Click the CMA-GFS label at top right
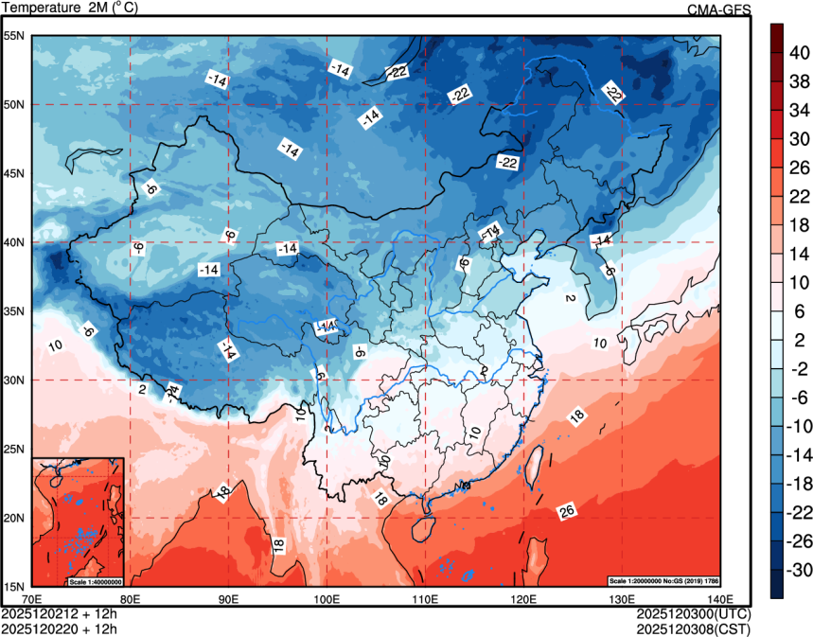(719, 9)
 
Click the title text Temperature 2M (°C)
(70, 9)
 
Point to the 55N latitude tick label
(14, 36)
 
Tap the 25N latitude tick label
(14, 450)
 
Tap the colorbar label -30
(801, 570)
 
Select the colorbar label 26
(799, 168)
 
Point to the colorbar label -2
(799, 368)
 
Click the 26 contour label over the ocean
(567, 512)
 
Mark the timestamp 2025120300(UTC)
(693, 613)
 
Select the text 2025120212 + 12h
(60, 613)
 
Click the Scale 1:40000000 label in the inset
(96, 580)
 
